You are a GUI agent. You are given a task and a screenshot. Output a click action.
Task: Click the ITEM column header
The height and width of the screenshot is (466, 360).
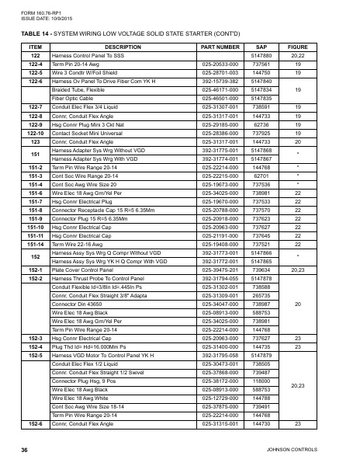coord(35,47)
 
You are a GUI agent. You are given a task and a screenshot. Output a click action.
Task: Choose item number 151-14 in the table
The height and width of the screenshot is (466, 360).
coord(35,244)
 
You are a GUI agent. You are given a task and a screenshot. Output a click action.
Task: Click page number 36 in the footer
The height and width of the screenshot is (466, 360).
coord(25,450)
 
